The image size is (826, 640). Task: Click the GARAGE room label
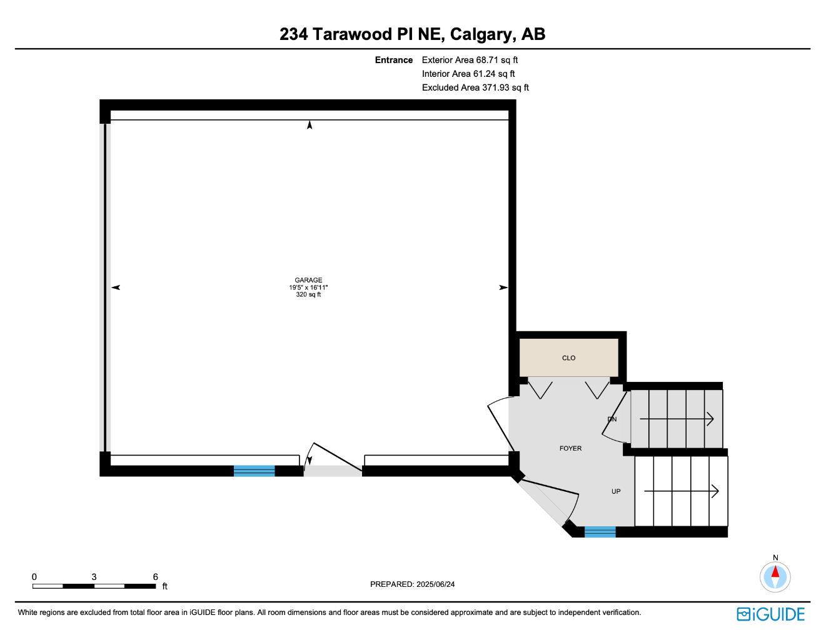[x=308, y=281]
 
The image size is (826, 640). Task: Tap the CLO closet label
[x=568, y=358]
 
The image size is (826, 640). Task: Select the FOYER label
[x=570, y=448]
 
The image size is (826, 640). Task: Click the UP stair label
[x=616, y=491]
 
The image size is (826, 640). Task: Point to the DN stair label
[x=612, y=419]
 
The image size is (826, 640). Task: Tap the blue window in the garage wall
[x=254, y=471]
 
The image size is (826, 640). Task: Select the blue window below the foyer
[x=600, y=532]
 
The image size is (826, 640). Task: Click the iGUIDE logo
[x=770, y=614]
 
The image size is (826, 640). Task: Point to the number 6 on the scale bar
[x=155, y=577]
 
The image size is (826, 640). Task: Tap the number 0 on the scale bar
[x=34, y=577]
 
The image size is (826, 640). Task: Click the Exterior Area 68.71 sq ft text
[x=470, y=60]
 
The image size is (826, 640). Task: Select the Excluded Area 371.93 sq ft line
[x=475, y=87]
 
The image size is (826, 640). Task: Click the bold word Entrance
[x=394, y=60]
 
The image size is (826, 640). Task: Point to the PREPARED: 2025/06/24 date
[x=413, y=584]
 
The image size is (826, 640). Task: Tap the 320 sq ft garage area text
[x=308, y=294]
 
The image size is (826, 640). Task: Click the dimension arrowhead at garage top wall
[x=310, y=125]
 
